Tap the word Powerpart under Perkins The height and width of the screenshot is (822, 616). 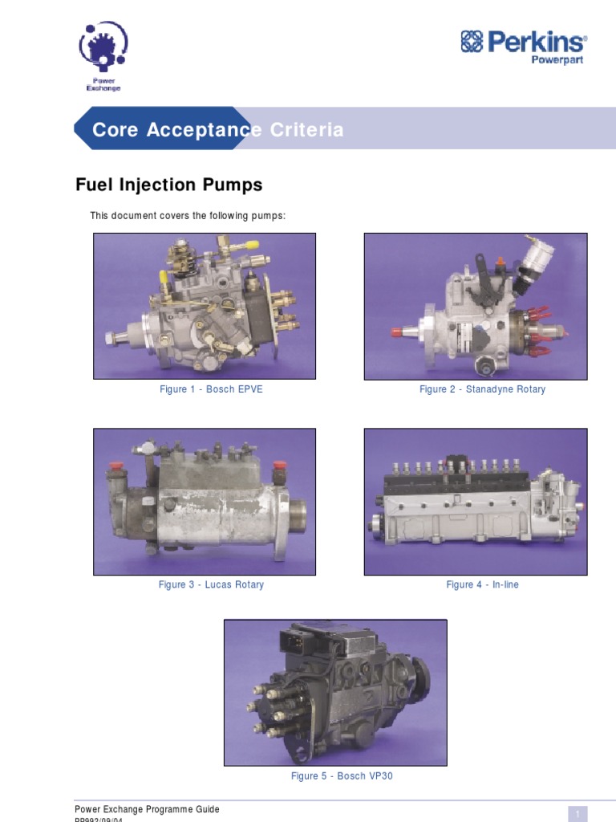(x=557, y=61)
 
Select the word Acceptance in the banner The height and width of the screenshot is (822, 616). (x=204, y=130)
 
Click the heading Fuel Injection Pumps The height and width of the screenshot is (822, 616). (x=168, y=185)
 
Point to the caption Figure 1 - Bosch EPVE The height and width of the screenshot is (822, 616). (x=211, y=389)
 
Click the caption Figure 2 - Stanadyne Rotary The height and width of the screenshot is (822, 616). (x=482, y=389)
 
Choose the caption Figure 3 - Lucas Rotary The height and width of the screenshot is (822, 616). (x=211, y=584)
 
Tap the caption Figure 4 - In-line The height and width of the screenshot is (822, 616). (x=482, y=584)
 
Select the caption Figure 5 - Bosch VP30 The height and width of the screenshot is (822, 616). (x=342, y=776)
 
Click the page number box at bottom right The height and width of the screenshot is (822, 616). (x=577, y=812)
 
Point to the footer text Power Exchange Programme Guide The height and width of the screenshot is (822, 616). (x=147, y=809)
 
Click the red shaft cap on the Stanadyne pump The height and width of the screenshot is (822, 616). (x=396, y=332)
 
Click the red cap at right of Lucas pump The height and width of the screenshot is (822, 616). (x=280, y=466)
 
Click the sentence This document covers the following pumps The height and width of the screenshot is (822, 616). (x=188, y=216)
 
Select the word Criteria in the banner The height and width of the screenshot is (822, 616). (x=306, y=130)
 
